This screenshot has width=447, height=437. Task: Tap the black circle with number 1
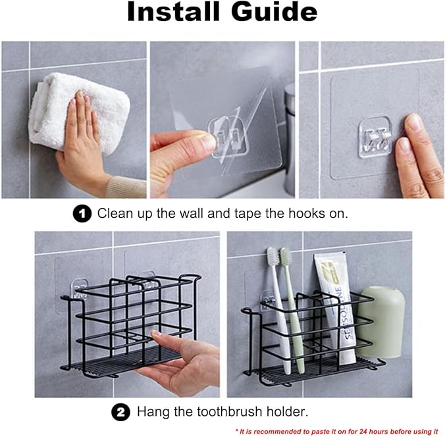tap(82, 213)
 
